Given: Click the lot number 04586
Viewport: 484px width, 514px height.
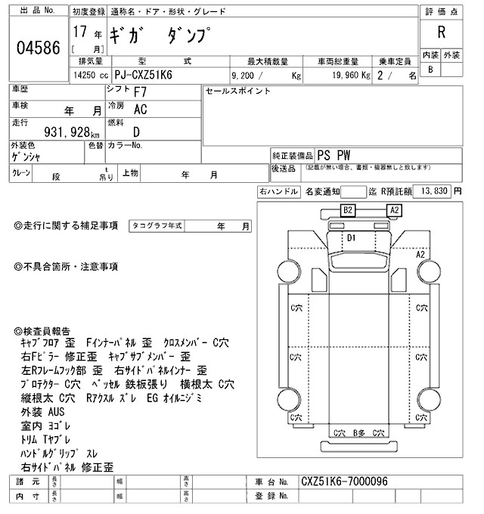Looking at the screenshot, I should [x=39, y=48].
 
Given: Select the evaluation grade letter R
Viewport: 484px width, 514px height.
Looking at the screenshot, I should [x=440, y=33].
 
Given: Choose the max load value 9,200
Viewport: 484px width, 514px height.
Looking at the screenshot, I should [x=247, y=76].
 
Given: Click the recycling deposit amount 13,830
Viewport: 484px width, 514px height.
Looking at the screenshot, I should [x=433, y=191].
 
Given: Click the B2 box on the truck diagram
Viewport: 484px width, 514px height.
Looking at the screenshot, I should [x=349, y=210].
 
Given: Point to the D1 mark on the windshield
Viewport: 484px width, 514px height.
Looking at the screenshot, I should [x=351, y=237].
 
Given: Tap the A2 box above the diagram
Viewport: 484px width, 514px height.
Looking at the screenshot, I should [x=394, y=210].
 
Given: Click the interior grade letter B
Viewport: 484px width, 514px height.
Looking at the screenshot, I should [x=430, y=70].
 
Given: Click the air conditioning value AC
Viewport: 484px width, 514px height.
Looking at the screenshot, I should [x=140, y=110].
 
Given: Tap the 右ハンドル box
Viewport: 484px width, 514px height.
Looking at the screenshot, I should [x=278, y=192].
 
